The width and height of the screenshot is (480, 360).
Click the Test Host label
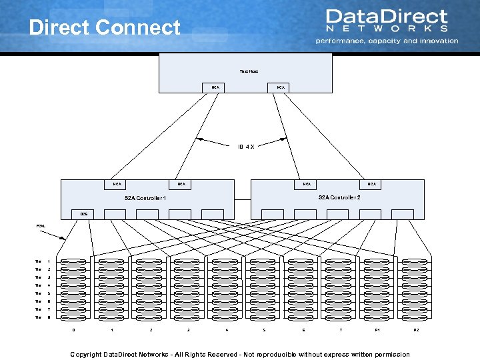(x=249, y=71)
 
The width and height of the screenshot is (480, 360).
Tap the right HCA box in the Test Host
(x=281, y=87)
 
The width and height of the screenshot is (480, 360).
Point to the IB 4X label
(x=246, y=147)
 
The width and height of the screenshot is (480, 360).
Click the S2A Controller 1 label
(x=145, y=198)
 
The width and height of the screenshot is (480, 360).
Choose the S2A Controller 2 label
(x=339, y=197)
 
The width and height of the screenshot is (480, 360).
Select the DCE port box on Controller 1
(x=84, y=213)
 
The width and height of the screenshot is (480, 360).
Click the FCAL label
(x=41, y=225)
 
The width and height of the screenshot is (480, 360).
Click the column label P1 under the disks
(x=378, y=330)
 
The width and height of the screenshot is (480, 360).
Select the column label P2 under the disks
(x=416, y=330)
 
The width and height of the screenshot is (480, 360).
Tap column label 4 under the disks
(x=227, y=330)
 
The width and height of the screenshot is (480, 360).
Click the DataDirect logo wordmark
(x=386, y=17)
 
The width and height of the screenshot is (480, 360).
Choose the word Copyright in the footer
(x=86, y=354)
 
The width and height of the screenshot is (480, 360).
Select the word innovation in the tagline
(x=434, y=41)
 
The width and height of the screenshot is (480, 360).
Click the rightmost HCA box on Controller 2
(x=371, y=184)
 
